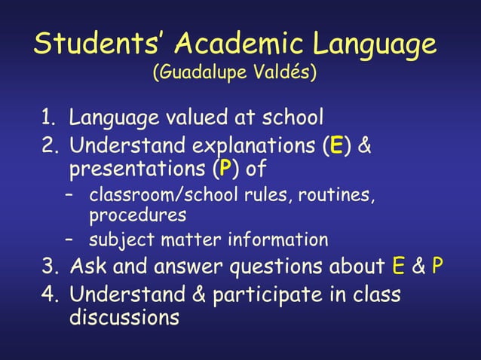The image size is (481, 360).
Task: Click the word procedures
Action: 137,216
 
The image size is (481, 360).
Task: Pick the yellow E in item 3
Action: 399,267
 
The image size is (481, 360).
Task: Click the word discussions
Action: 124,317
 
